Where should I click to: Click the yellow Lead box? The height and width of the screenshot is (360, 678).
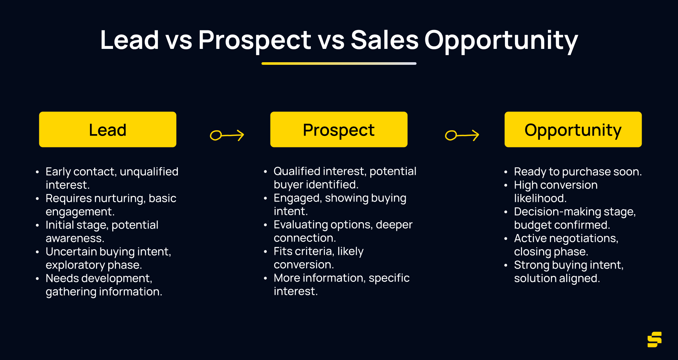(108, 130)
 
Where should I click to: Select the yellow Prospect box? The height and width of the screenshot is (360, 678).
(339, 130)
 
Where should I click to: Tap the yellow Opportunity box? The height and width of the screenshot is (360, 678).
(573, 130)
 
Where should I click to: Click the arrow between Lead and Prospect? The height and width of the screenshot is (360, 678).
(227, 135)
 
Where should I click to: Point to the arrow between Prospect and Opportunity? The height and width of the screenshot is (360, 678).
(462, 135)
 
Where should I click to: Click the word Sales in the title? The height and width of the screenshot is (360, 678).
(385, 40)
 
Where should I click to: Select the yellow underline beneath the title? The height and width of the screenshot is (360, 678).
(339, 63)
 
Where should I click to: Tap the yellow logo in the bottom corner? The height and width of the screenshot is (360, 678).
(655, 339)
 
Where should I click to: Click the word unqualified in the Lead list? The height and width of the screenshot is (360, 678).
(149, 172)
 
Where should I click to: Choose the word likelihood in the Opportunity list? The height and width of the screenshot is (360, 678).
(540, 199)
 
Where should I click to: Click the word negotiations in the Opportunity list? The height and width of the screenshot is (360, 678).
(587, 239)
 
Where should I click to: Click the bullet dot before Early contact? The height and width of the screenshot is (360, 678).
(37, 172)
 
